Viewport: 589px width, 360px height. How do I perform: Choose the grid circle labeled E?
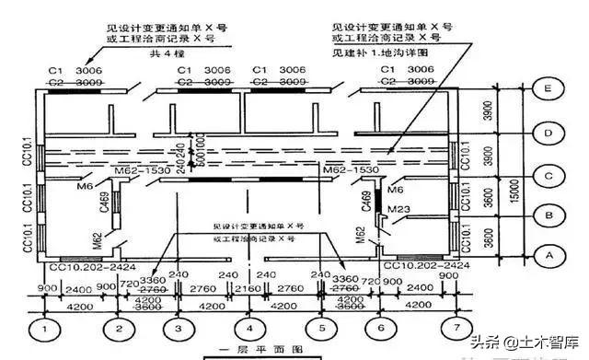click(x=549, y=89)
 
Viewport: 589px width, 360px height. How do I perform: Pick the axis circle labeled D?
click(x=549, y=134)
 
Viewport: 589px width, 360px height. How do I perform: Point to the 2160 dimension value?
click(x=248, y=288)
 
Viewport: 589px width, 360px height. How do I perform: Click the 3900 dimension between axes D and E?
click(x=498, y=112)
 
